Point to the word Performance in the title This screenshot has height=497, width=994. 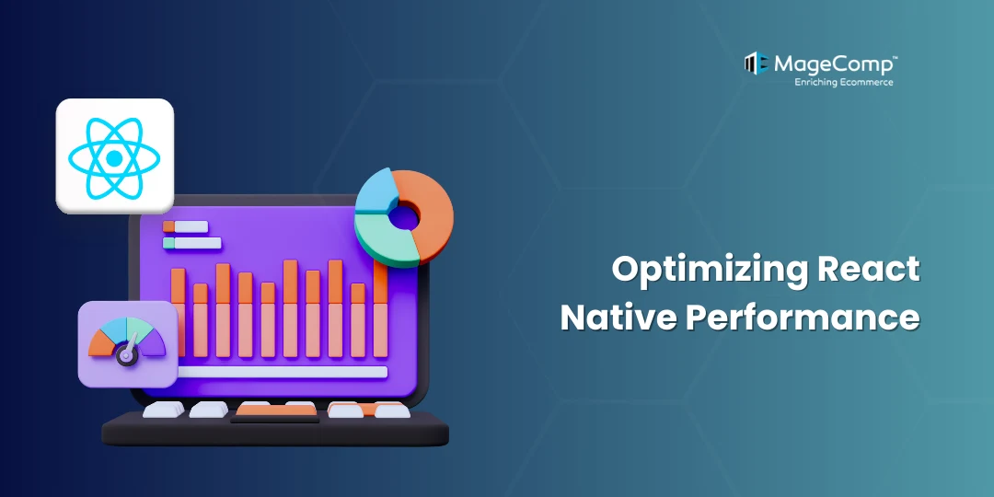(x=801, y=318)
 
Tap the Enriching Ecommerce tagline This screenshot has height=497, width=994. (x=843, y=82)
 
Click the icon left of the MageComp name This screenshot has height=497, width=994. (x=757, y=64)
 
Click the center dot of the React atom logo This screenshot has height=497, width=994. (x=114, y=158)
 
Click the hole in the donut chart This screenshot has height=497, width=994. (x=404, y=217)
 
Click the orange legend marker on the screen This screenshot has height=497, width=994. (x=168, y=226)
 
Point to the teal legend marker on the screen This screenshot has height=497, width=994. (x=168, y=243)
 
